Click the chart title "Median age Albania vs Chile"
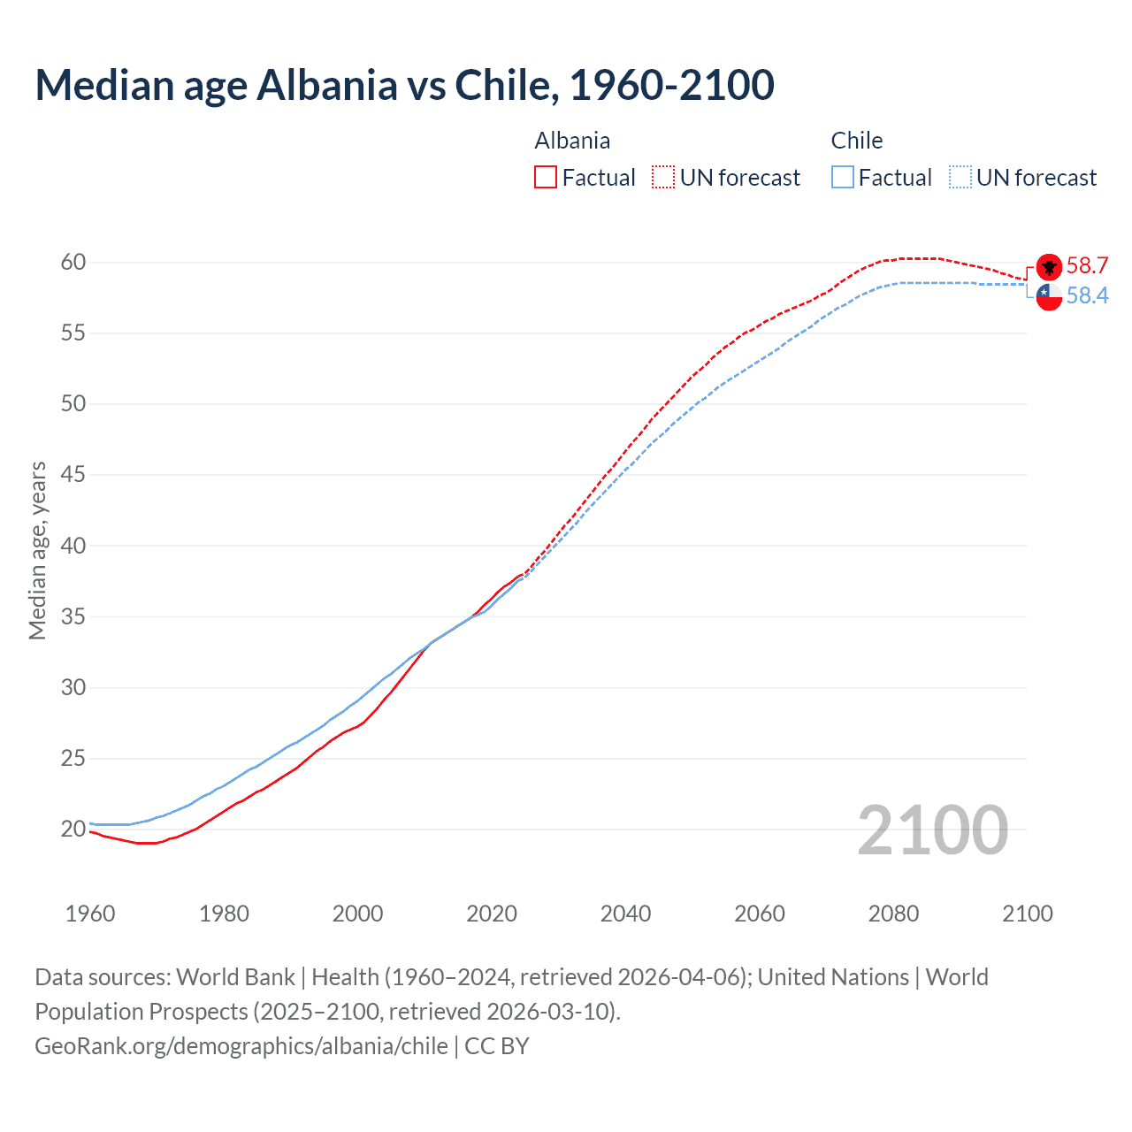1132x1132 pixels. (x=404, y=85)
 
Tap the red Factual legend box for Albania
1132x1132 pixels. (x=546, y=177)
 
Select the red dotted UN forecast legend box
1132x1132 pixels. (x=663, y=177)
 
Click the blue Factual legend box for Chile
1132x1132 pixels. (x=843, y=177)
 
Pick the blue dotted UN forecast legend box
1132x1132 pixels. (x=960, y=177)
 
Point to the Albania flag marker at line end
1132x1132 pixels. (x=1049, y=267)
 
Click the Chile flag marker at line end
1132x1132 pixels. (x=1049, y=297)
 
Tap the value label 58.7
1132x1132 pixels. (x=1087, y=265)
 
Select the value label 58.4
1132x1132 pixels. (x=1087, y=295)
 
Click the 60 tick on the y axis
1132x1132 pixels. (x=73, y=262)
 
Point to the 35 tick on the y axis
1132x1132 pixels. (x=73, y=616)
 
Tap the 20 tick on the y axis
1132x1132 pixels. (x=73, y=829)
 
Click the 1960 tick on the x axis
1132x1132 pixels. (x=90, y=914)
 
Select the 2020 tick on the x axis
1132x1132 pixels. (x=492, y=914)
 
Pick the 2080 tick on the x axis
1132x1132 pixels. (x=893, y=914)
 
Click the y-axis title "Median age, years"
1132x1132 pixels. (x=37, y=550)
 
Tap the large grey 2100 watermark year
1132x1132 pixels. (x=932, y=830)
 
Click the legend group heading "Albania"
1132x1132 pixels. (x=572, y=141)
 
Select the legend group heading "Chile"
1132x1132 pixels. (x=856, y=141)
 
